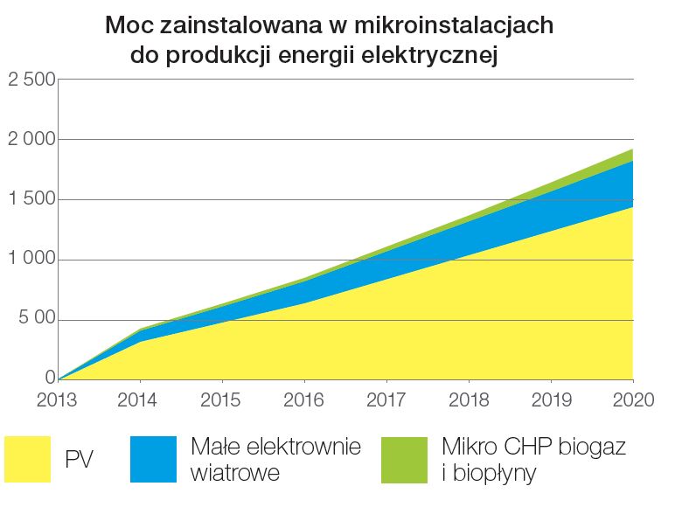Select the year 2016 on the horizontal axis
pos(304,400)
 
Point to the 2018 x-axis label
pos(468,400)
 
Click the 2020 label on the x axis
pos(633,400)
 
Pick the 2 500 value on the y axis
pos(31,80)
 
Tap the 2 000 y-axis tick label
pos(31,140)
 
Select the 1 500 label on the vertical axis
pos(31,200)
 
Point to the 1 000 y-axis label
pos(31,260)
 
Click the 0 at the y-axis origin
pos(50,379)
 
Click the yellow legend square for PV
pos(28,459)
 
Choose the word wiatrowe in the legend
pos(235,474)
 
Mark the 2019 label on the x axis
pos(551,400)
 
